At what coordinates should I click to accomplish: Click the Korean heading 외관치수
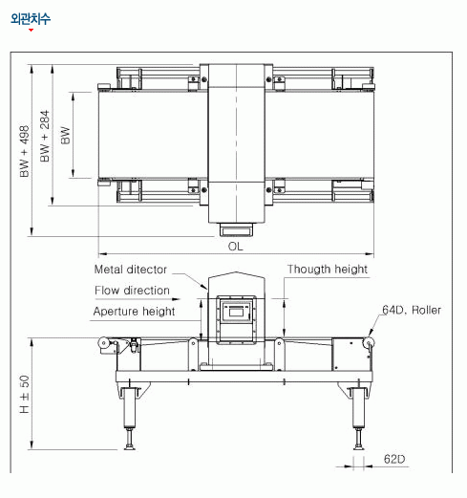click(31, 19)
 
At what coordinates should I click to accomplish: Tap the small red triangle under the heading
click(31, 30)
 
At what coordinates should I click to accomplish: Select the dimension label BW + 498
click(24, 151)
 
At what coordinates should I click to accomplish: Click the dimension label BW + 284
click(45, 136)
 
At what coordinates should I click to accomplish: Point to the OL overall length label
click(235, 247)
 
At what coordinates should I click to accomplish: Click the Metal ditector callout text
click(131, 270)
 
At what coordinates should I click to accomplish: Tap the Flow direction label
click(132, 291)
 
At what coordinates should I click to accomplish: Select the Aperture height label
click(134, 312)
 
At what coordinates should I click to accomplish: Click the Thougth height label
click(328, 270)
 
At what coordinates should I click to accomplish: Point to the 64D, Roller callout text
click(412, 310)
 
